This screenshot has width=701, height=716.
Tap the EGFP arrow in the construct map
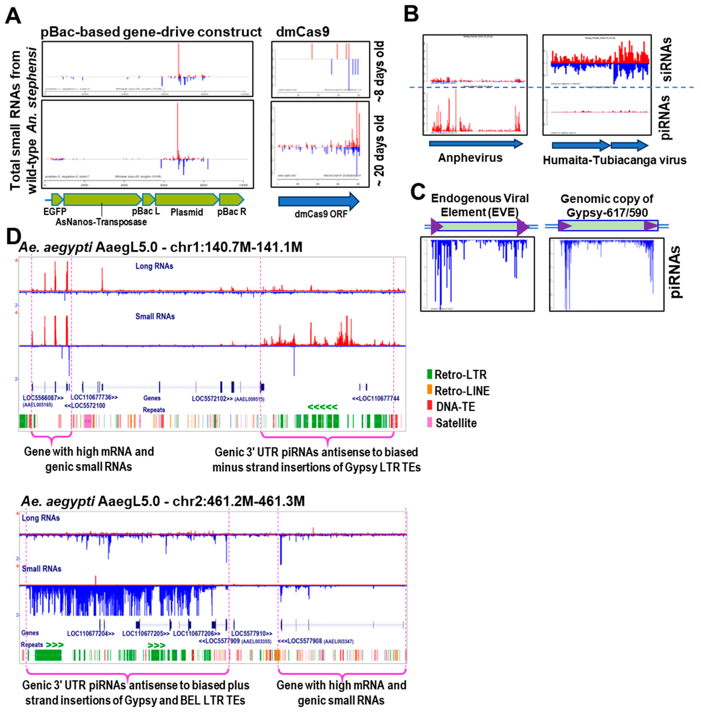(57, 200)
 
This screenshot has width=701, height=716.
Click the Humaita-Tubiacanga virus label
(614, 160)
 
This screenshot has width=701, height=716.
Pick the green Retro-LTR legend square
(429, 374)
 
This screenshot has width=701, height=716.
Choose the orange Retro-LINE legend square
(429, 391)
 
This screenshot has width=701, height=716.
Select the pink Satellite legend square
(429, 423)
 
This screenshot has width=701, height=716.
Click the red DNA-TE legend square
(429, 406)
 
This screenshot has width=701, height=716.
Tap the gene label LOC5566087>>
(43, 398)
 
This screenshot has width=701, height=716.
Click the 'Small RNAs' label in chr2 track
(42, 569)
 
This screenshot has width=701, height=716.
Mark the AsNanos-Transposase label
(101, 222)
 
